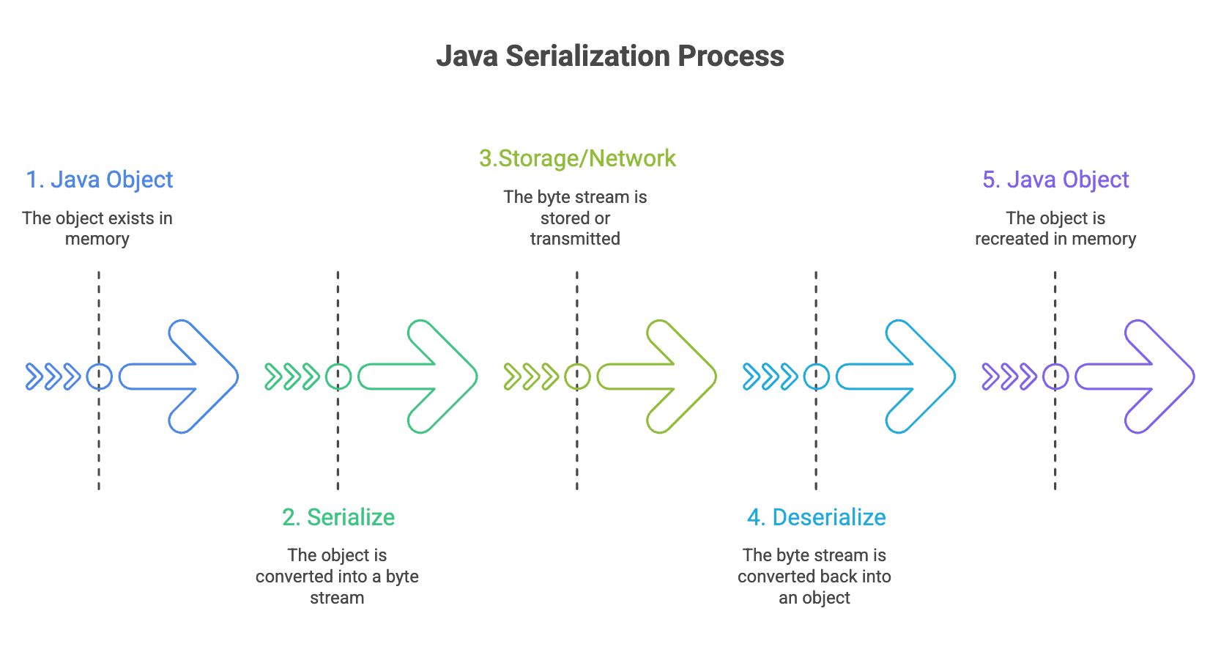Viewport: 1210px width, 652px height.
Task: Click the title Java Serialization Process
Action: [610, 56]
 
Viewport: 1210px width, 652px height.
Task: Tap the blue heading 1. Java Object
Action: [100, 179]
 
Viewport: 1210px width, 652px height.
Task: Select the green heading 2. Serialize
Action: [338, 517]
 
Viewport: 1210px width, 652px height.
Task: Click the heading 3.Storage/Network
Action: [577, 158]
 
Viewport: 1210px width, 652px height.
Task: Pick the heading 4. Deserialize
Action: [816, 517]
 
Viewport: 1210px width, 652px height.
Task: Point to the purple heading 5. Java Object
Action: [1055, 179]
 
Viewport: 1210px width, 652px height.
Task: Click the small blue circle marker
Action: [100, 377]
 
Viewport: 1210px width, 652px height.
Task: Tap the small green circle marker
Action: [338, 377]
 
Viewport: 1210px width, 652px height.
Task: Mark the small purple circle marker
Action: [1055, 377]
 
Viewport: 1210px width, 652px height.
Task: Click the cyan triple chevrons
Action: [770, 377]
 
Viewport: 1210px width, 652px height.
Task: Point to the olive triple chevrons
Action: [531, 377]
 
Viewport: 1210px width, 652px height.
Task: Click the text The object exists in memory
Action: [97, 229]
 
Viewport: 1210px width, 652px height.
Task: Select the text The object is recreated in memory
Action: [1055, 229]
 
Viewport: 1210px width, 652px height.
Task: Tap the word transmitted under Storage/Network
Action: [575, 239]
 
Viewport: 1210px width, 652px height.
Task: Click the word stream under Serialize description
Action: [337, 598]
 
